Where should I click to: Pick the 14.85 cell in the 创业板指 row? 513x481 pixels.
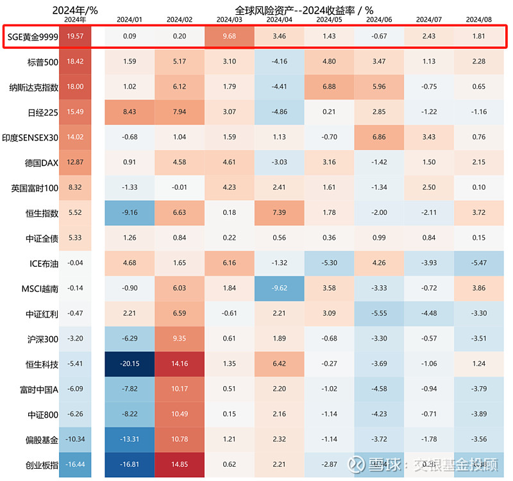point(180,464)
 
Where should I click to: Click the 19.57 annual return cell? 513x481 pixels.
point(76,37)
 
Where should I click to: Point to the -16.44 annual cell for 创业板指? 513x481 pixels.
point(76,464)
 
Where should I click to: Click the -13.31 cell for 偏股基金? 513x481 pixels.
point(130,439)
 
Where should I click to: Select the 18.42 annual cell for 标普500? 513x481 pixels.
point(76,62)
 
